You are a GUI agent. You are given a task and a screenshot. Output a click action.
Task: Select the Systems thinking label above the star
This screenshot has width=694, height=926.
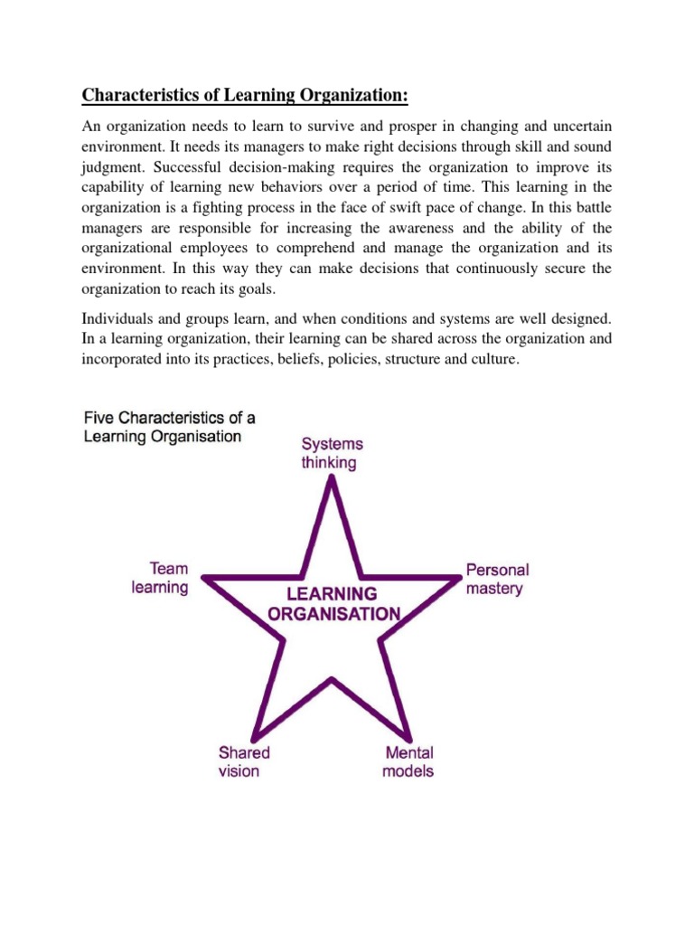click(333, 453)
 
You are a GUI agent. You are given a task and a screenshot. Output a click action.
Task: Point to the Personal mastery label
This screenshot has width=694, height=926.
click(496, 579)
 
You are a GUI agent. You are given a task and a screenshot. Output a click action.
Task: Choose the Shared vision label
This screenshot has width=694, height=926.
click(243, 761)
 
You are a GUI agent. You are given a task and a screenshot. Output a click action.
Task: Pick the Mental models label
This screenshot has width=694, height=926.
click(408, 761)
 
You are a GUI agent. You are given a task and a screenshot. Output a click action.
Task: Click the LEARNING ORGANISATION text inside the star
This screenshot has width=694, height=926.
click(333, 603)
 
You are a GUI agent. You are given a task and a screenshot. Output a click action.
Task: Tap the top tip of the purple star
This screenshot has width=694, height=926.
click(333, 477)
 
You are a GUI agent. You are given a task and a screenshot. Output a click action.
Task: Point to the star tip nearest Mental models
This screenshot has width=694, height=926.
click(412, 734)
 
